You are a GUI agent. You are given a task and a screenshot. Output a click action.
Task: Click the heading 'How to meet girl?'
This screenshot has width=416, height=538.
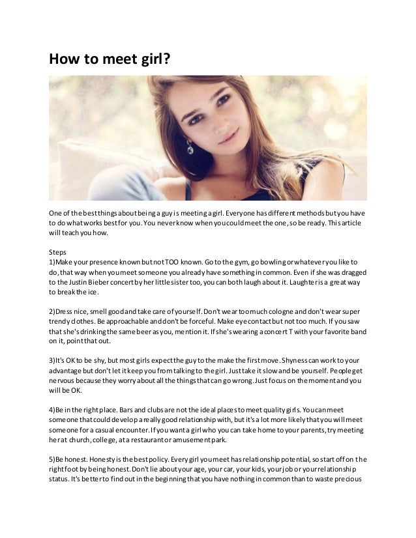click(110, 60)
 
